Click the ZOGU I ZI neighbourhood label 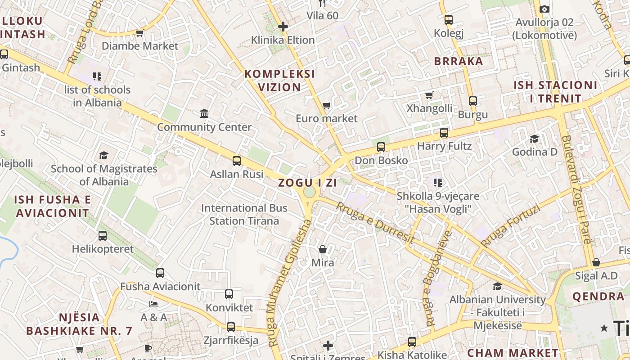click(x=301, y=183)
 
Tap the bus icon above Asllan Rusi click(x=237, y=161)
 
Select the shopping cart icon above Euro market click(x=326, y=106)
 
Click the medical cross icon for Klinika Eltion click(x=283, y=27)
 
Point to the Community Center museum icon click(x=204, y=113)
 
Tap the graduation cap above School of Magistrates click(x=104, y=156)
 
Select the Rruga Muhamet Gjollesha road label click(x=290, y=283)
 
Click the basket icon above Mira click(x=323, y=249)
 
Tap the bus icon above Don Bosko click(x=381, y=147)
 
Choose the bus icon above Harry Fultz click(x=444, y=133)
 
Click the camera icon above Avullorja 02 click(x=544, y=9)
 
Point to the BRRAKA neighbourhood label click(x=458, y=61)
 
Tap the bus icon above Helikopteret click(x=103, y=235)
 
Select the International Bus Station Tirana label click(x=244, y=214)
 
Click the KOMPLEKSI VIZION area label click(x=279, y=80)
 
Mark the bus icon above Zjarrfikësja click(x=231, y=327)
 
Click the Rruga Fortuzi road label click(x=510, y=225)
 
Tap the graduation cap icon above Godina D click(x=534, y=139)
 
